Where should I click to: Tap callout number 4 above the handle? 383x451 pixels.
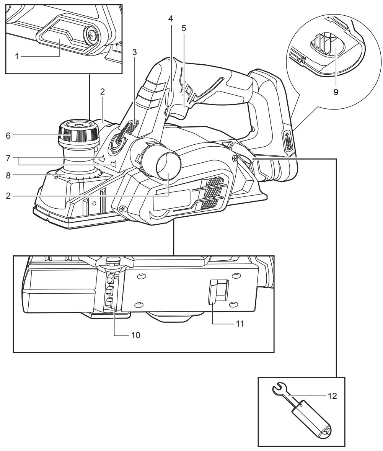pyautogui.click(x=171, y=28)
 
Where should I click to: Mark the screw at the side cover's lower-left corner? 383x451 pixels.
pyautogui.click(x=122, y=208)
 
